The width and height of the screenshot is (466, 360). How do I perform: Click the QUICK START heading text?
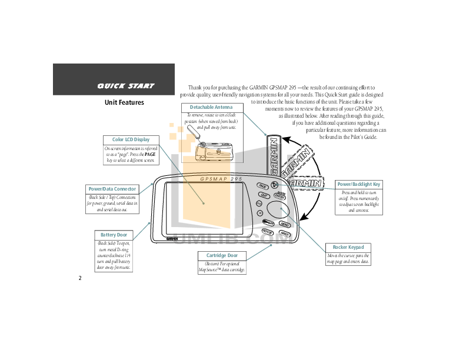pyautogui.click(x=125, y=86)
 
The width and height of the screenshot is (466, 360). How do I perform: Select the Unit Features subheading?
pyautogui.click(x=124, y=102)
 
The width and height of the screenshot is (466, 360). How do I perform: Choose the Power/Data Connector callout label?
pyautogui.click(x=112, y=189)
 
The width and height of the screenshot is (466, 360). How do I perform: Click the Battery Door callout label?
pyautogui.click(x=114, y=235)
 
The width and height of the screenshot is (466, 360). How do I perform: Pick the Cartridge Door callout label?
pyautogui.click(x=221, y=255)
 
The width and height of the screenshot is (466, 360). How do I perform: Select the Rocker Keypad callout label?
pyautogui.click(x=348, y=247)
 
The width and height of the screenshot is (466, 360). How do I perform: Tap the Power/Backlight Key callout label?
pyautogui.click(x=358, y=184)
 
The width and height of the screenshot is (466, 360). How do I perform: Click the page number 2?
pyautogui.click(x=79, y=278)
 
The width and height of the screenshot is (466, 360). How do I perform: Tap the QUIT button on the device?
pyautogui.click(x=264, y=195)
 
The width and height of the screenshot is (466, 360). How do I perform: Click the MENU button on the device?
pyautogui.click(x=285, y=224)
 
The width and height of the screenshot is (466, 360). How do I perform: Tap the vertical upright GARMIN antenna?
pyautogui.click(x=274, y=155)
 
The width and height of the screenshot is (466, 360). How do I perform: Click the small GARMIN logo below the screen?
pyautogui.click(x=172, y=239)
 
